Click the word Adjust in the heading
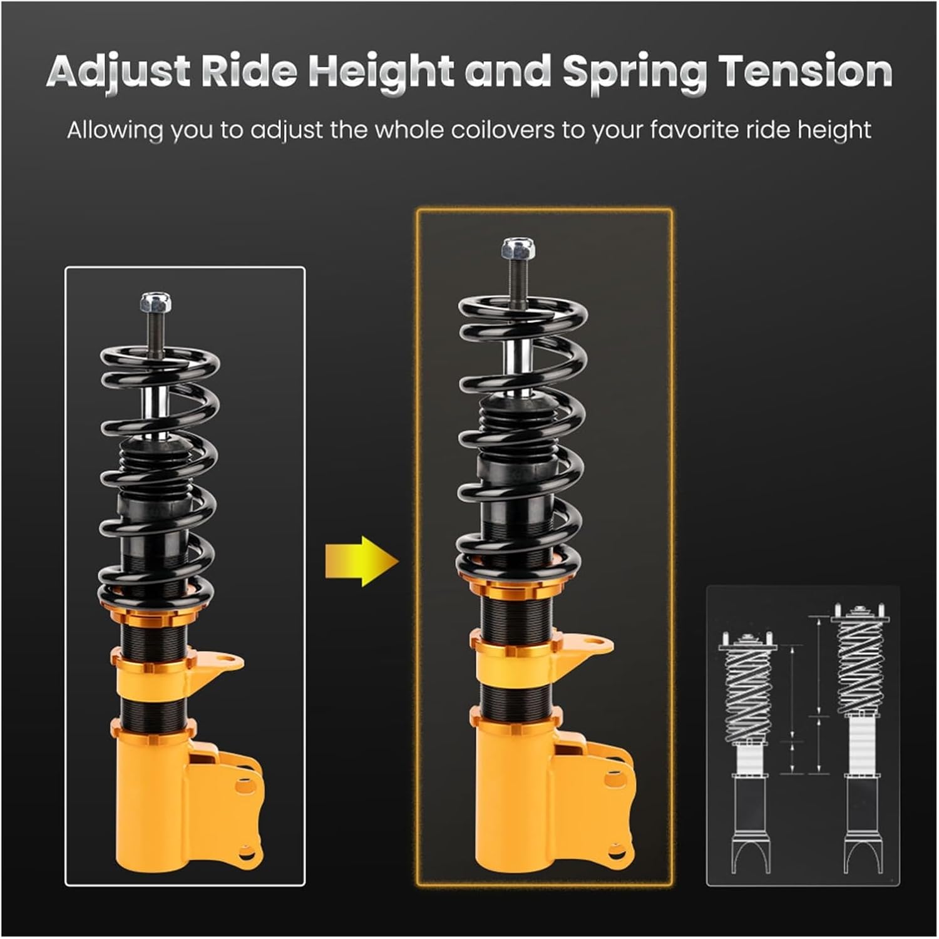[x=118, y=71]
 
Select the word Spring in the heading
[x=634, y=71]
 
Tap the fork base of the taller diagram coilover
[x=861, y=851]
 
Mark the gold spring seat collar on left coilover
[x=153, y=617]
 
